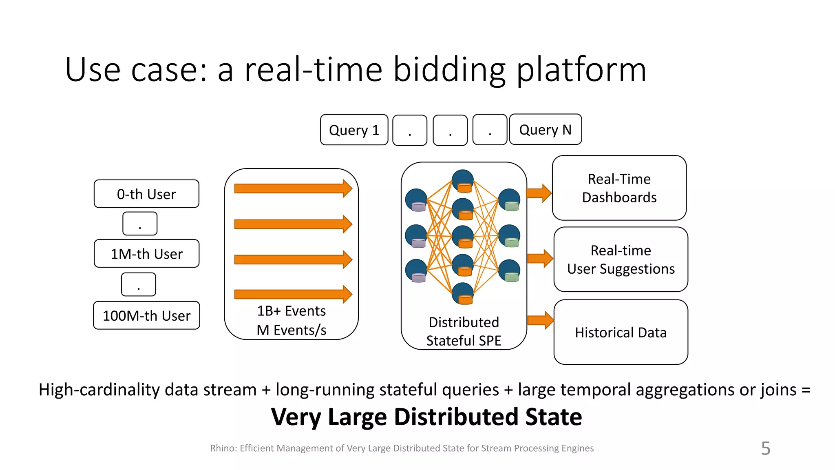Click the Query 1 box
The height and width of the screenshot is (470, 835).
click(x=354, y=130)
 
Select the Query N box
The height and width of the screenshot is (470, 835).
click(x=545, y=129)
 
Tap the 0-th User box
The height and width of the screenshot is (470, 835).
click(x=146, y=194)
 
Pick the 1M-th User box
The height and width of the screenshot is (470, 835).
click(x=146, y=253)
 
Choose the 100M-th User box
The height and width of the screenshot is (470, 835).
click(x=146, y=315)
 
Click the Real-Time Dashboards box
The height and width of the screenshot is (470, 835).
click(x=619, y=188)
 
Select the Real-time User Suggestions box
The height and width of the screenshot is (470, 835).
click(x=621, y=259)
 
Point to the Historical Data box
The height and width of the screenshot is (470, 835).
click(x=621, y=332)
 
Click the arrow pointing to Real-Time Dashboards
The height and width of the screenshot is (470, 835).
click(x=539, y=193)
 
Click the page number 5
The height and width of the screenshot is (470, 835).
click(x=765, y=448)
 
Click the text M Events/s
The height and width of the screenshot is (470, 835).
click(x=291, y=330)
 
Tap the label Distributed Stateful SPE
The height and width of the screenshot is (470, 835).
click(x=464, y=331)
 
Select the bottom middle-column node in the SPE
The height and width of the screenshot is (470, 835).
click(x=463, y=293)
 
